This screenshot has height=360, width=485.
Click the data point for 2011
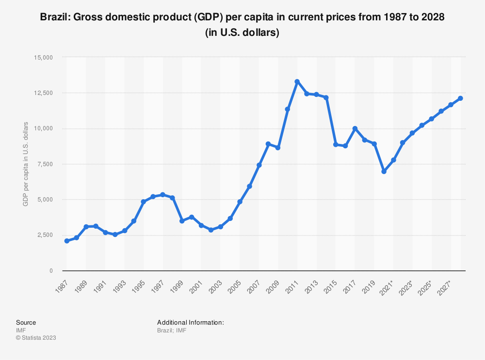(297, 81)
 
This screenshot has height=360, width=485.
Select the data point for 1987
(66, 241)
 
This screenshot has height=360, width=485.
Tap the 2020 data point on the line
(384, 172)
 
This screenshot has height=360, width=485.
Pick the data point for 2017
(355, 128)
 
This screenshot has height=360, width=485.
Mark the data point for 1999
(182, 221)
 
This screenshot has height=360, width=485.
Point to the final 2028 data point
(460, 98)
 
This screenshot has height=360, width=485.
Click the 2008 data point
(268, 144)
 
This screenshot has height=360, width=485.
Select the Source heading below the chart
(26, 322)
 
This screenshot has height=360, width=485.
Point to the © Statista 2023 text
(36, 338)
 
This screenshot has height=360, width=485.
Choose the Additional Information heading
(190, 322)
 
